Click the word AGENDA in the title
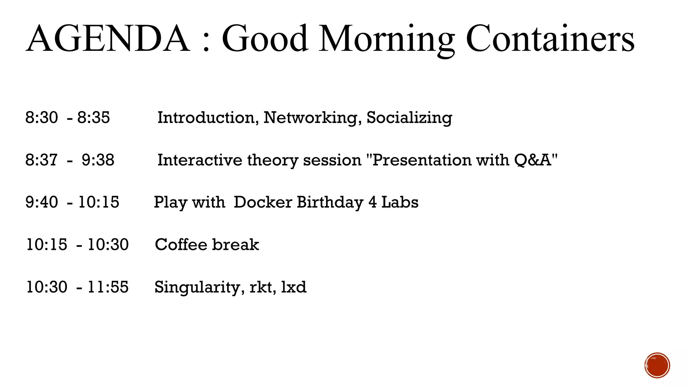(108, 39)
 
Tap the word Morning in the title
(387, 39)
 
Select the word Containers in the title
(550, 39)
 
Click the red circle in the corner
(657, 365)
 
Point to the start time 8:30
(42, 118)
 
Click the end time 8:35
(94, 118)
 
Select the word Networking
(313, 118)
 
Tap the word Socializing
(409, 118)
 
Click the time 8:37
(42, 160)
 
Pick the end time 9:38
(98, 160)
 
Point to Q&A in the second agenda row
(533, 160)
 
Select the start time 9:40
(42, 202)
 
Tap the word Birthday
(330, 202)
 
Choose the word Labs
(400, 202)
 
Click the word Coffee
(181, 245)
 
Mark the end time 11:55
(108, 287)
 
